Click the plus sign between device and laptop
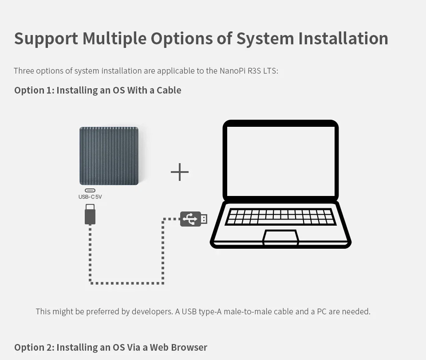pyautogui.click(x=180, y=172)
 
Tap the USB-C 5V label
pyautogui.click(x=90, y=197)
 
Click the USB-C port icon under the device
pyautogui.click(x=90, y=190)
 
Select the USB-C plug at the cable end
pyautogui.click(x=90, y=215)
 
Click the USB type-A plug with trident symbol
pyautogui.click(x=193, y=219)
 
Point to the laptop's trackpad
pyautogui.click(x=280, y=237)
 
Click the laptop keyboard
pyautogui.click(x=280, y=217)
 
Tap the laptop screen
pyautogui.click(x=280, y=161)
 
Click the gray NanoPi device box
pyautogui.click(x=109, y=156)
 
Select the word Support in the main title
pyautogui.click(x=46, y=38)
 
